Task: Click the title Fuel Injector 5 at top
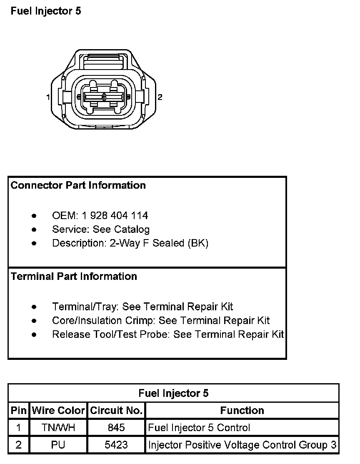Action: point(46,11)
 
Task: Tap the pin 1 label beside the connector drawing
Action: point(48,97)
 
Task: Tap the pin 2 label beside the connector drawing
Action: point(160,97)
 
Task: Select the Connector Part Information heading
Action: point(78,185)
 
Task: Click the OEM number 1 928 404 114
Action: point(115,215)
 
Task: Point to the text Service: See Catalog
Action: point(100,229)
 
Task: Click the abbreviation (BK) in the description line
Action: point(198,243)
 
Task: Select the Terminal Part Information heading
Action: point(74,277)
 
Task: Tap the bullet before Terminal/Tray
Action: point(34,307)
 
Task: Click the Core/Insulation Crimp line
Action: point(160,321)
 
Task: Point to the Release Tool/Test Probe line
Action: point(167,334)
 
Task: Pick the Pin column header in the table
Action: point(19,411)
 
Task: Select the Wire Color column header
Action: point(58,411)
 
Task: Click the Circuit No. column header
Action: point(116,411)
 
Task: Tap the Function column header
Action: point(242,411)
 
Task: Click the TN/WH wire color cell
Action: point(58,428)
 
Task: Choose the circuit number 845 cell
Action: point(116,428)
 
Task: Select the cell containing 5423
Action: point(116,445)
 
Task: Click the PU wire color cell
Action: point(58,445)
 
